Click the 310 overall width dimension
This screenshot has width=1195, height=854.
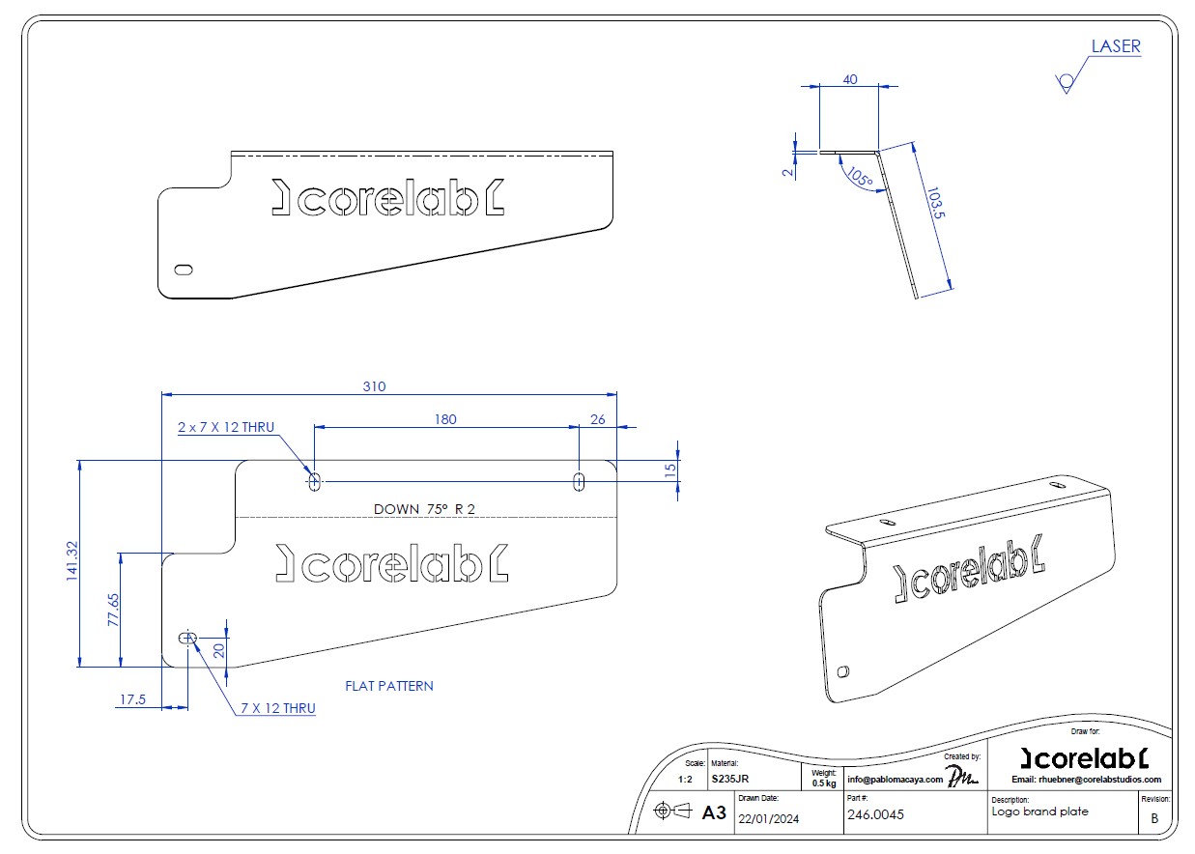pos(374,386)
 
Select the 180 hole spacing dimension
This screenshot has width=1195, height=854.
pos(445,419)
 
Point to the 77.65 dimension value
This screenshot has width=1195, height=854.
pos(112,610)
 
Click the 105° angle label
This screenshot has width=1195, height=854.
pos(859,177)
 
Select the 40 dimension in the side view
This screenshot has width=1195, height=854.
pos(850,79)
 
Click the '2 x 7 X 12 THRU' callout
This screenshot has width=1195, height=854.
pos(226,426)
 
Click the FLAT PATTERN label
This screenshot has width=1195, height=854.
pos(389,686)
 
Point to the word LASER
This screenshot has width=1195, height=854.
pos(1116,45)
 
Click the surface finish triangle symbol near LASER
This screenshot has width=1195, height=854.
pos(1067,82)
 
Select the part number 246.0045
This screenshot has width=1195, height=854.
pos(875,814)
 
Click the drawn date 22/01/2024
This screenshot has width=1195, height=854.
pos(770,817)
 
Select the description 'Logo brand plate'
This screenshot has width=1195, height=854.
pos(1039,811)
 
